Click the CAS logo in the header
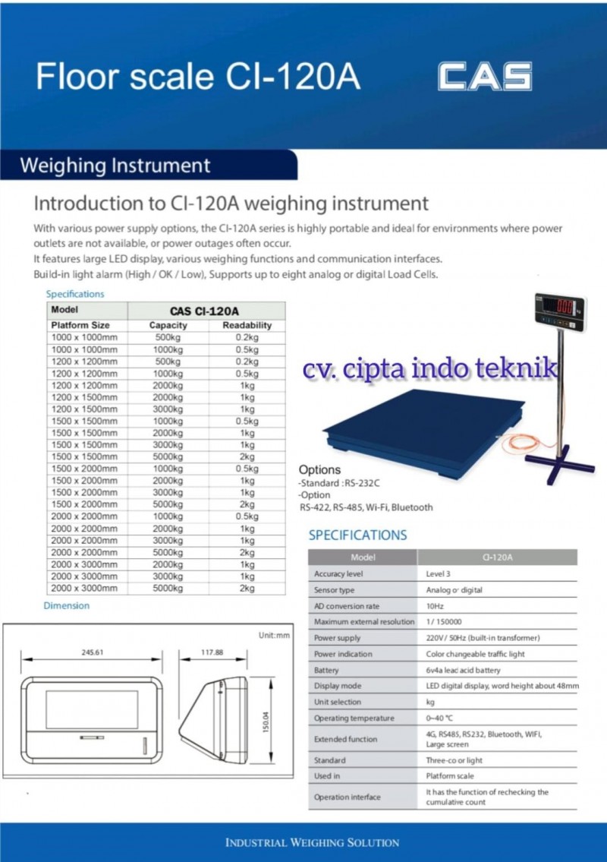click(x=484, y=77)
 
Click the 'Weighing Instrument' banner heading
click(x=115, y=166)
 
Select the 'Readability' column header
click(x=247, y=325)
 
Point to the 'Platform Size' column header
click(x=80, y=325)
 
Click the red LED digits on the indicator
click(x=565, y=308)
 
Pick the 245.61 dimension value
click(x=92, y=652)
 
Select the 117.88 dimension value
click(x=212, y=652)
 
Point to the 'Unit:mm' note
click(x=274, y=636)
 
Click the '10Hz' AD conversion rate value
click(x=435, y=606)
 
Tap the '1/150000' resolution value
click(x=442, y=622)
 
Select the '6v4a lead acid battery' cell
click(x=463, y=671)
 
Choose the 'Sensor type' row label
click(x=335, y=590)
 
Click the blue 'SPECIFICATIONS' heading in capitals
click(x=357, y=535)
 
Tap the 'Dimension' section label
click(x=66, y=605)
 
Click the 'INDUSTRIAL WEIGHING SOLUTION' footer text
click(x=312, y=842)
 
